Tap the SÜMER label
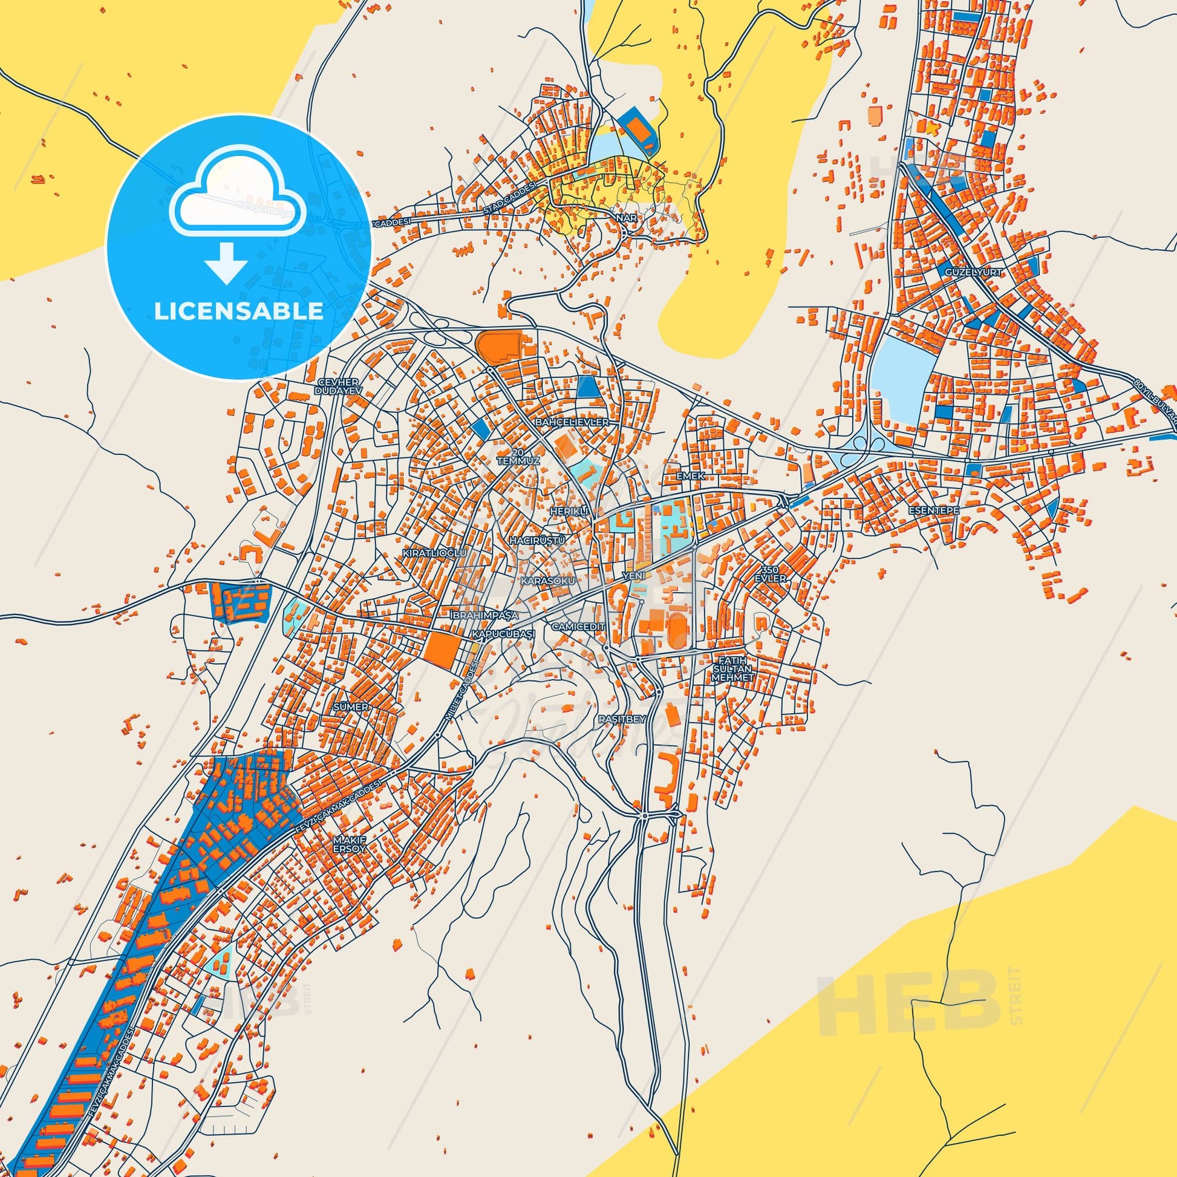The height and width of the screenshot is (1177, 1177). pos(351,707)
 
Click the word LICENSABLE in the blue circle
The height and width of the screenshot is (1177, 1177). pos(238,311)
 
